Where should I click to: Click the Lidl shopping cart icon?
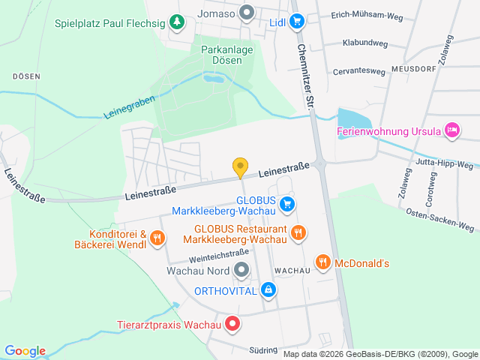click(297, 22)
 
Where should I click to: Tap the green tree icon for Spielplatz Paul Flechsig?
click(176, 22)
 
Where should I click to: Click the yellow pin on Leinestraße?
click(240, 167)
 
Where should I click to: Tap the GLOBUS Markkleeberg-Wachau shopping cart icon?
click(286, 204)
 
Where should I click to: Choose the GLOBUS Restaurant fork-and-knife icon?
click(298, 232)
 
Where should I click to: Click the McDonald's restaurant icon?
click(323, 262)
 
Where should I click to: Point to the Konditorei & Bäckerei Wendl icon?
click(157, 238)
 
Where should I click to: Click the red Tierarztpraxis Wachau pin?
click(232, 325)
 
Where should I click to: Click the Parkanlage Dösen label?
click(227, 54)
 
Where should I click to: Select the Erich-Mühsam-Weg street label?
click(372, 15)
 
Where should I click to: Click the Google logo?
click(25, 350)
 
